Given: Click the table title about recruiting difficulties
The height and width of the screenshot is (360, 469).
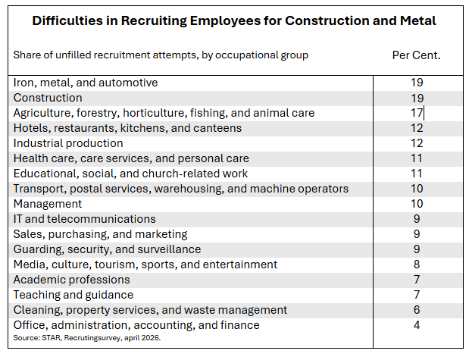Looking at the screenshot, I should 234,20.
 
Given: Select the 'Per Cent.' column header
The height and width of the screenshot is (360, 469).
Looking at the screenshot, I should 416,55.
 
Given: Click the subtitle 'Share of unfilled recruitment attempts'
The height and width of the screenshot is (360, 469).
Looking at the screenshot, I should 161,55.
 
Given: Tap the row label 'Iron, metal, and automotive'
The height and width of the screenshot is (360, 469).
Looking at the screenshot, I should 86,83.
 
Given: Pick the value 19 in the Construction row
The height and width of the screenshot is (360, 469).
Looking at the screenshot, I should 416,98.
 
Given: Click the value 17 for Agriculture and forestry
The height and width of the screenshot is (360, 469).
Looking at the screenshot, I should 416,113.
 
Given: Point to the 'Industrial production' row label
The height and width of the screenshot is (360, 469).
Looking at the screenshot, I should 68,143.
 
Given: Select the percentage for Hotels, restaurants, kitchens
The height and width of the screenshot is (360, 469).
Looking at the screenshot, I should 416,128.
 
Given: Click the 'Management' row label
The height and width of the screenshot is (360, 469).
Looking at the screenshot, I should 47,204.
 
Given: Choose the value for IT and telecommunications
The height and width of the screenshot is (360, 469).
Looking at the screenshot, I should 416,219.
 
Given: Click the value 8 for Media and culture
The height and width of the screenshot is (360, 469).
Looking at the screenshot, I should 416,265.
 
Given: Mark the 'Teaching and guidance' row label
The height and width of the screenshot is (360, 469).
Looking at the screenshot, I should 73,295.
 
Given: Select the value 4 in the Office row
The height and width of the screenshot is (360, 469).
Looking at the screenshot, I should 416,325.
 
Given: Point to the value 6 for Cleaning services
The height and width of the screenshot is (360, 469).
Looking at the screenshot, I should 416,310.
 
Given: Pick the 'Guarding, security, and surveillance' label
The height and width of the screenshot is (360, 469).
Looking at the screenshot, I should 107,249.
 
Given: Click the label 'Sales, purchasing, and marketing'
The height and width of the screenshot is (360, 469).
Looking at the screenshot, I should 100,234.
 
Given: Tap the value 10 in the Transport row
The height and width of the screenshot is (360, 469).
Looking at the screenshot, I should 416,189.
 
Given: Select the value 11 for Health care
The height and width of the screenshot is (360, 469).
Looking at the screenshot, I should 416,158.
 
